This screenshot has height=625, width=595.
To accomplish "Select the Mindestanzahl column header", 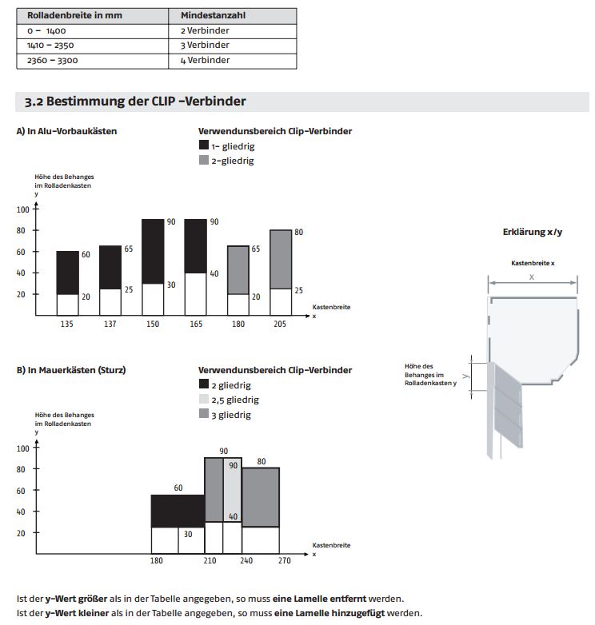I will coord(213,15).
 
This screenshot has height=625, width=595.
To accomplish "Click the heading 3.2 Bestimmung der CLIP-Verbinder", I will coord(135,102).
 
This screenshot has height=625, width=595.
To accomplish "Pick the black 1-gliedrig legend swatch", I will coord(203,145).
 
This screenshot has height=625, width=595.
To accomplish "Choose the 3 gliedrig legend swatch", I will coord(203,414).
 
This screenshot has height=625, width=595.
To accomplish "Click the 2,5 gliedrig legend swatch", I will coord(203,400).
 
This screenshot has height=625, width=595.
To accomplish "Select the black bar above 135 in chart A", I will coord(68,273).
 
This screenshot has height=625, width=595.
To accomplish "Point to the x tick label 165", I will coord(195,324).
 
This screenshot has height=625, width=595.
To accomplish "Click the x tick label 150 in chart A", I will coord(153,324).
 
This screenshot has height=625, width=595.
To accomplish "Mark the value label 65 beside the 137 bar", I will coord(127,249).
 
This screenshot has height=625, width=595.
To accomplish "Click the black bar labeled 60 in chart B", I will coord(178,511).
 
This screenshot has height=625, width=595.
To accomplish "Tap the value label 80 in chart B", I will coord(261,461).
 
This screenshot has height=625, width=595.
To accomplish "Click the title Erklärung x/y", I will coord(532,232).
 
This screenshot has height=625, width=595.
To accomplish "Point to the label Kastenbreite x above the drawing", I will coord(533,263).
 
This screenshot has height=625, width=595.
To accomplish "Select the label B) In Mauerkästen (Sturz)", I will coord(71,370).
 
